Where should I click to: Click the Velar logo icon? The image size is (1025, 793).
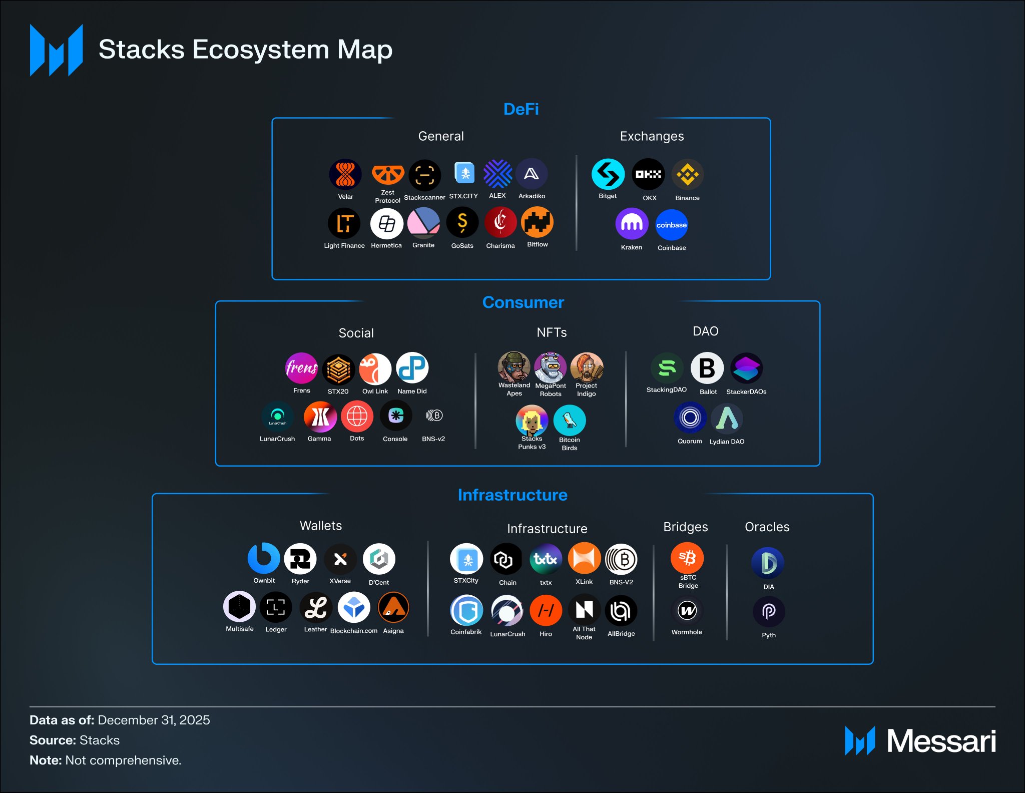[x=345, y=174]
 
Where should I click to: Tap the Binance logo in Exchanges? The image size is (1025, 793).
[x=687, y=175]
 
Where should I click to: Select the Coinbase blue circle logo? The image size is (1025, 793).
[x=671, y=225]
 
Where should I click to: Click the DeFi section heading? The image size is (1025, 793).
[x=521, y=109]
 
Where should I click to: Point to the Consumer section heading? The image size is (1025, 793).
[x=523, y=302]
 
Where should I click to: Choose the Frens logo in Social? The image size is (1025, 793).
[x=301, y=368]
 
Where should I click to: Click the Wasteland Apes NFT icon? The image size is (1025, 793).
[x=514, y=366]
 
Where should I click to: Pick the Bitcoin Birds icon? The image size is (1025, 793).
[x=570, y=420]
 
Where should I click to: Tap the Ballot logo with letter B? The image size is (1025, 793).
[x=707, y=368]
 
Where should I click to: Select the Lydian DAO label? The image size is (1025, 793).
[x=727, y=442]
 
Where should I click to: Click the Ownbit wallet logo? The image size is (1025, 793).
[x=264, y=559]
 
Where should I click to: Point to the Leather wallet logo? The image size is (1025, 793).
[x=316, y=608]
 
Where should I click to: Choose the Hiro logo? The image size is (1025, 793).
[x=546, y=610]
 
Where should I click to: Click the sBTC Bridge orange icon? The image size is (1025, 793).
[x=687, y=558]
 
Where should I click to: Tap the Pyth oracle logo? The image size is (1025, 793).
[x=769, y=611]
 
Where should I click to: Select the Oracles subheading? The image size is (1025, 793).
[x=767, y=527]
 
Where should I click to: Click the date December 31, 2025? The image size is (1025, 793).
[x=154, y=720]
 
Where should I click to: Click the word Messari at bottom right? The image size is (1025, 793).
[x=941, y=741]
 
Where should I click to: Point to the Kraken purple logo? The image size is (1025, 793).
[x=632, y=224]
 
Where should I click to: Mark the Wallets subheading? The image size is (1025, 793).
[x=321, y=526]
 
